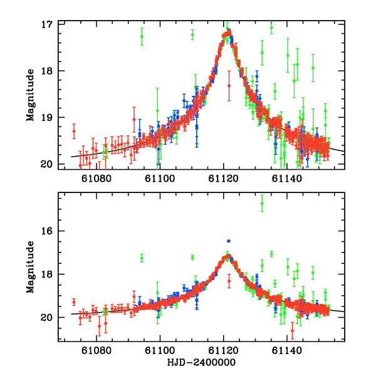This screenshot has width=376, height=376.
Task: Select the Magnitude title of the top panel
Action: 30,94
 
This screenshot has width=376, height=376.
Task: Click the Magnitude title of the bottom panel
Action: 30,267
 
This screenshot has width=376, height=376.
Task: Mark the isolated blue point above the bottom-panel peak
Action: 229,241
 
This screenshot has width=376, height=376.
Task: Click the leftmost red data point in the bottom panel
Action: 74,301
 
